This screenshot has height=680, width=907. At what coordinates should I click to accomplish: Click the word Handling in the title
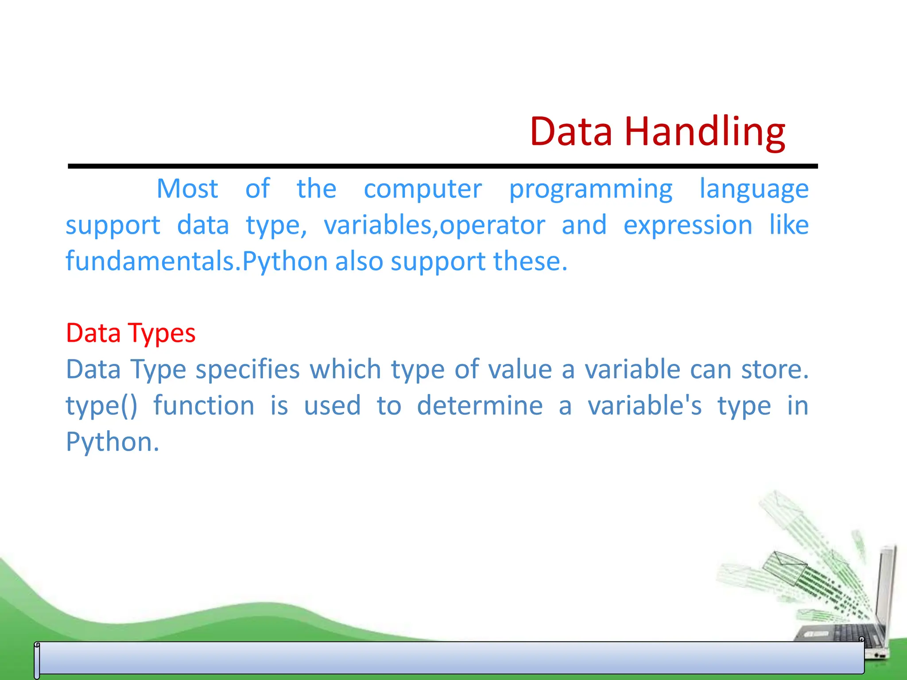[705, 131]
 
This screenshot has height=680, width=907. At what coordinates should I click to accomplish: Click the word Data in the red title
[571, 131]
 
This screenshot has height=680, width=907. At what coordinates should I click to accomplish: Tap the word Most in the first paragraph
[187, 189]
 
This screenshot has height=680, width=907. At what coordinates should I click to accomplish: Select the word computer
[422, 189]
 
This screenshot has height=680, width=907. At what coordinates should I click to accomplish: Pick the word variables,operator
[434, 225]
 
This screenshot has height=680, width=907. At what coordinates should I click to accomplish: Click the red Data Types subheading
[131, 333]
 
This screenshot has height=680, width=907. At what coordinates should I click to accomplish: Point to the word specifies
[248, 370]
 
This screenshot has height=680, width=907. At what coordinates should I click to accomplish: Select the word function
[204, 406]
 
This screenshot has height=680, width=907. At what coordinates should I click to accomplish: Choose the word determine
[480, 406]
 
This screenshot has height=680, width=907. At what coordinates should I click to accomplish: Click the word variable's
[644, 406]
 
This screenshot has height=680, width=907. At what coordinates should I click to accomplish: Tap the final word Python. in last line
[112, 442]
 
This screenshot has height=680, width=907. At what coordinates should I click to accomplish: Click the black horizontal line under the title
[443, 166]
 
